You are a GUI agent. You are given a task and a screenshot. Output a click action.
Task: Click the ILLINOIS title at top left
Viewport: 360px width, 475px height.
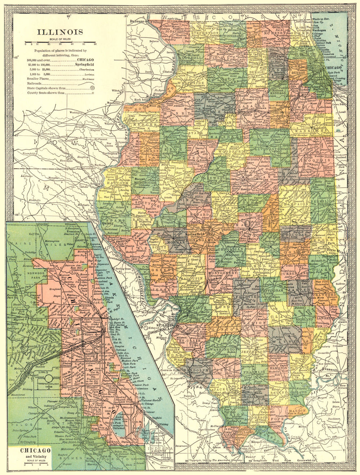[x=60, y=32]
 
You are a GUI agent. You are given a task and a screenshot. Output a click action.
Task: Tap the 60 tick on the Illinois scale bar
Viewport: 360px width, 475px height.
[x=95, y=43]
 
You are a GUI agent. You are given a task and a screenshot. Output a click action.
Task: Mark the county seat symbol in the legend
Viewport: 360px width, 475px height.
[x=93, y=93]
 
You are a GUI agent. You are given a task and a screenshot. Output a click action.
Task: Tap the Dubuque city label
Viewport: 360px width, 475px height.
[x=137, y=21]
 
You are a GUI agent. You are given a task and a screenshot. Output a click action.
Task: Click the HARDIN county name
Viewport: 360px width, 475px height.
[x=298, y=410]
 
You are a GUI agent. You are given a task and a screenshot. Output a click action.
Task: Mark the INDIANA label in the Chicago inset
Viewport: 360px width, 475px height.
[x=157, y=448]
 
